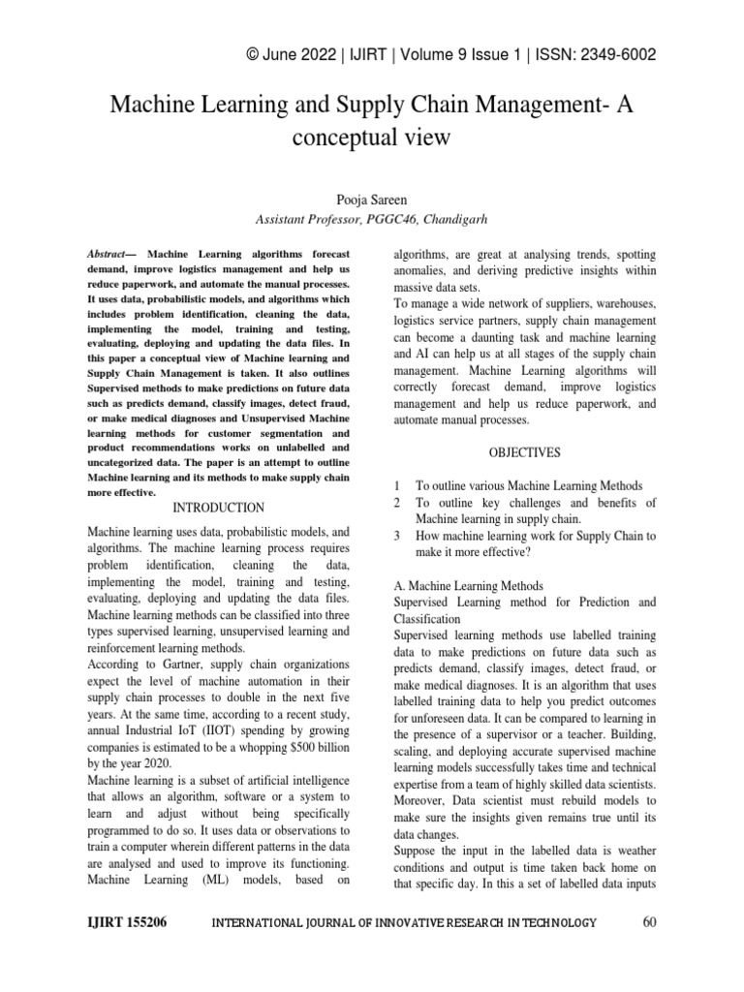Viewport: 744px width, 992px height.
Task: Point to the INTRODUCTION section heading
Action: tap(218, 507)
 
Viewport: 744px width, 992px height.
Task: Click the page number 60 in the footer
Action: tap(649, 922)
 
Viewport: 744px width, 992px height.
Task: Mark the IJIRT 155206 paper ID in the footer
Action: tap(126, 922)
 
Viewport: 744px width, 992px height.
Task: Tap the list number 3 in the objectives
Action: tap(397, 536)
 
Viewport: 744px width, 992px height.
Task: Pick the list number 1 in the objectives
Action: tap(397, 484)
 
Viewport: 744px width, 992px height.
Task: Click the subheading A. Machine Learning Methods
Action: tap(469, 586)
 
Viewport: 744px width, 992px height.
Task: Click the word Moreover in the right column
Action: tap(423, 800)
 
